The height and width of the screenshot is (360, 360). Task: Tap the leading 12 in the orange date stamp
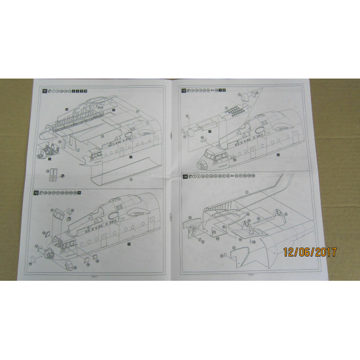(289, 251)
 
